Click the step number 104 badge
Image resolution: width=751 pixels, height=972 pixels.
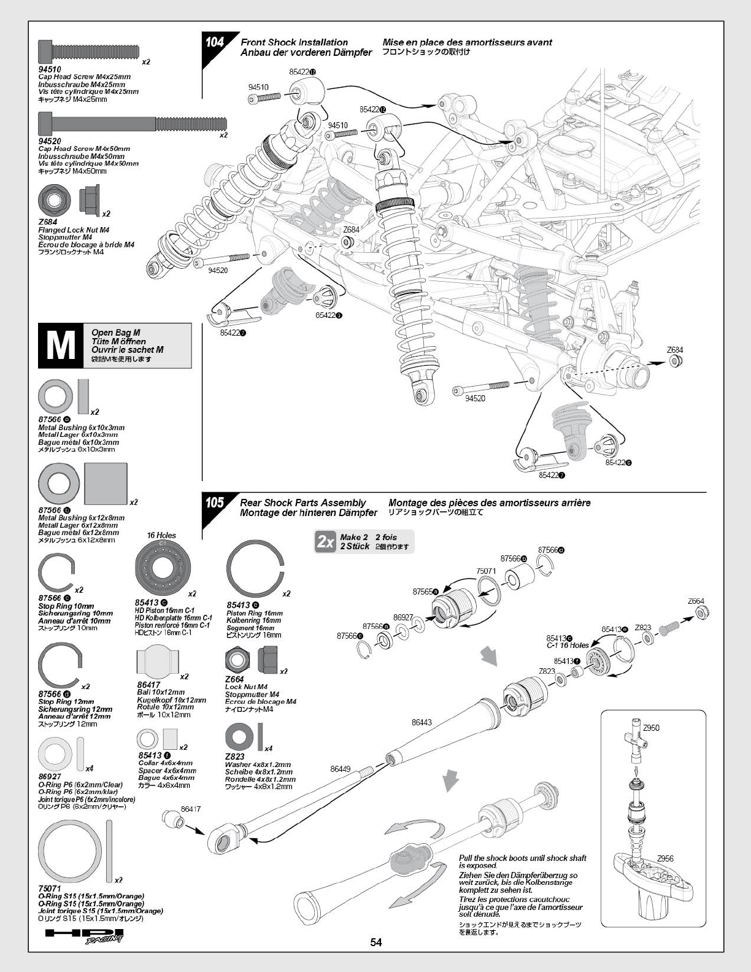pos(215,42)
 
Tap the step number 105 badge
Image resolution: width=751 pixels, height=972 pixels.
pos(215,503)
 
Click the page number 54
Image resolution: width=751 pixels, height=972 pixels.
pos(376,943)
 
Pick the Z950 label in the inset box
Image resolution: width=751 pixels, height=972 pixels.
pos(651,728)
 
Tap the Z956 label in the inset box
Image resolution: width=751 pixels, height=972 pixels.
pos(665,859)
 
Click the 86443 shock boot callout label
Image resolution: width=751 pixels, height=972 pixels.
pos(422,723)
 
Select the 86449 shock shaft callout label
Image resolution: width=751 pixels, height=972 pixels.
pos(340,769)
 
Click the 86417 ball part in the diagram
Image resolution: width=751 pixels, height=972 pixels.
pos(172,820)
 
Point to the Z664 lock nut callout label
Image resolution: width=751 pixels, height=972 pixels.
pos(696,601)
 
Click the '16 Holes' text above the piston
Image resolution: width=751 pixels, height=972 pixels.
pos(161,535)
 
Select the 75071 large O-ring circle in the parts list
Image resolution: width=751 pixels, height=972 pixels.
pos(71,850)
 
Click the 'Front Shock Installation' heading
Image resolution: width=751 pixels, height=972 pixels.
pos(294,42)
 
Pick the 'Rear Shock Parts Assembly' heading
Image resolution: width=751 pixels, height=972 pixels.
pos(302,503)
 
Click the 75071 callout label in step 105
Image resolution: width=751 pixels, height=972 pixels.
pos(486,571)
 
